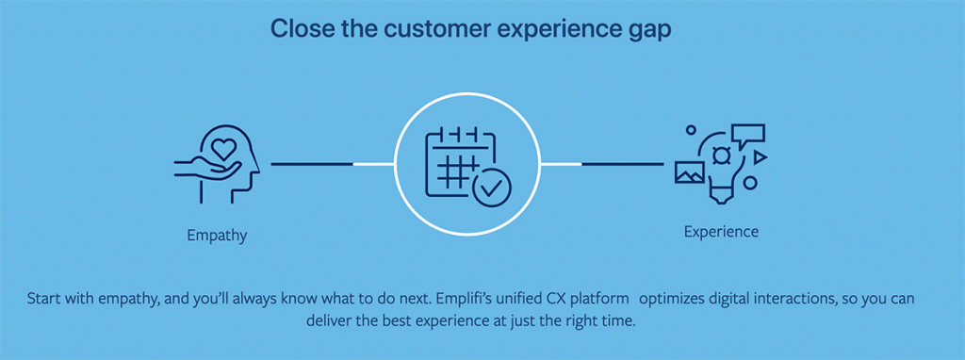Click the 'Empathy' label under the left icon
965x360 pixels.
click(218, 236)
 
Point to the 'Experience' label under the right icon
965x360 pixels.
click(721, 233)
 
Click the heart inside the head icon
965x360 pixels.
click(222, 148)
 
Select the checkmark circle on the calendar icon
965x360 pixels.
click(492, 188)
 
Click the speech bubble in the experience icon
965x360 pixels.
click(747, 135)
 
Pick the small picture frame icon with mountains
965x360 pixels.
click(690, 172)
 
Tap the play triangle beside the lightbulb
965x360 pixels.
click(761, 157)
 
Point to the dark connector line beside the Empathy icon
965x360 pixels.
click(312, 164)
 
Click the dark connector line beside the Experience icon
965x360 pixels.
click(623, 164)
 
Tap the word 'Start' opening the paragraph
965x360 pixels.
click(45, 300)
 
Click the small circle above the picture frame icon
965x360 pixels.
click(691, 130)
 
